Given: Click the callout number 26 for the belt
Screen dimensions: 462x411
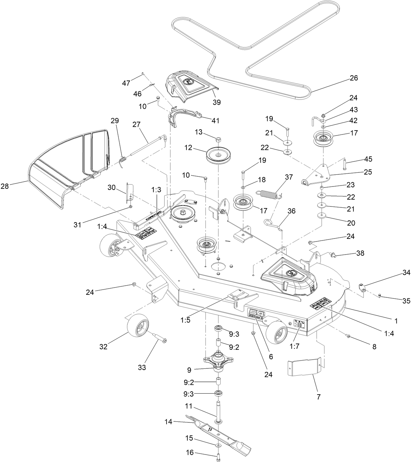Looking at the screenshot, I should pyautogui.click(x=353, y=78).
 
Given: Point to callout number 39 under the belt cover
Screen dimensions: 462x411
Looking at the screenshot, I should pyautogui.click(x=217, y=102).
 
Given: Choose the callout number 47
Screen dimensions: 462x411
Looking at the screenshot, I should pyautogui.click(x=126, y=83).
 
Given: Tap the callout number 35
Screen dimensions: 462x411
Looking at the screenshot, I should pyautogui.click(x=406, y=301).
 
